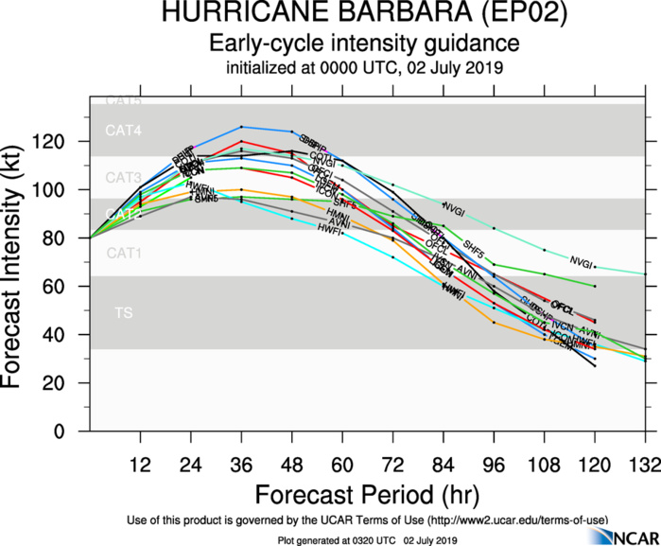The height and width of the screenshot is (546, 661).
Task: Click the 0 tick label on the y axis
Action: tap(73, 432)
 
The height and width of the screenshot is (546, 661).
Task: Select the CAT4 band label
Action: tap(123, 131)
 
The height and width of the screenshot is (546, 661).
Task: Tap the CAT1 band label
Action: tap(123, 253)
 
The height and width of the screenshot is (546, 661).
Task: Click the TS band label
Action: tap(124, 311)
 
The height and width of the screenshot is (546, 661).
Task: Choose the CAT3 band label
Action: tap(123, 177)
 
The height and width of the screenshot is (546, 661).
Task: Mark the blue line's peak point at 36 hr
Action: tap(242, 126)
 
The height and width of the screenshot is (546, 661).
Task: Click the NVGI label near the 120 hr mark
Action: tap(581, 261)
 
